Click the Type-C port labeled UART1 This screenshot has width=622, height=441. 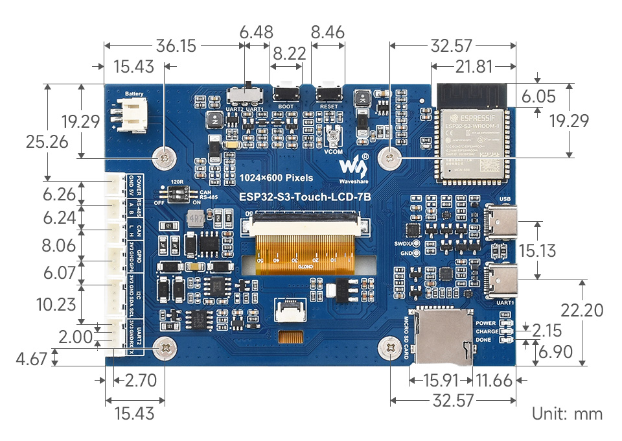point(501,280)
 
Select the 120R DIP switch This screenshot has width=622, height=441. point(176,193)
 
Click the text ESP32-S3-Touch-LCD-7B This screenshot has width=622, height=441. point(300,197)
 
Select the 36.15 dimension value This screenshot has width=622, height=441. point(176,46)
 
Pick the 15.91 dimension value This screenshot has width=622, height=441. point(441,380)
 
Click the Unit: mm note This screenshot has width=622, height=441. point(567,414)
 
